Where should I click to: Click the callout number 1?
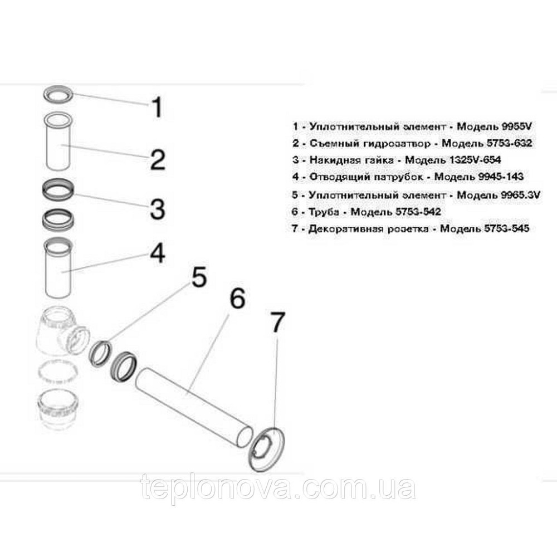[157, 107]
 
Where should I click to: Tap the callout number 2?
[158, 159]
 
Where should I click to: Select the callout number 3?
[158, 209]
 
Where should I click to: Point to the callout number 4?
[158, 253]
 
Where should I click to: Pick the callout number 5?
[199, 277]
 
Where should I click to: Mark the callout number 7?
[277, 322]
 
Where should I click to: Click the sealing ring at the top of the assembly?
[59, 94]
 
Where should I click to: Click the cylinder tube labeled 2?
[60, 141]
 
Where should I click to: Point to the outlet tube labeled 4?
[58, 268]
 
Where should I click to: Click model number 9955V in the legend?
[517, 126]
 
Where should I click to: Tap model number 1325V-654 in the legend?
[475, 160]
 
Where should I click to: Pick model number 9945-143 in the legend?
[501, 177]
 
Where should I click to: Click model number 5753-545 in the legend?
[507, 228]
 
